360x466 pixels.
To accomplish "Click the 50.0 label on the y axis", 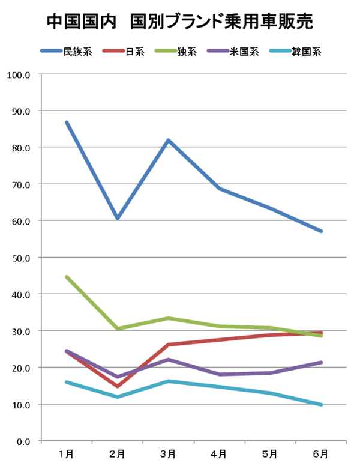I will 21,258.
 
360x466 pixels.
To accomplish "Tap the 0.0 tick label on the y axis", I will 23,441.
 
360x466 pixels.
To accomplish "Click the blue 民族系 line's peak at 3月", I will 169,140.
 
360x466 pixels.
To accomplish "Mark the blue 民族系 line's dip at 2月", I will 118,218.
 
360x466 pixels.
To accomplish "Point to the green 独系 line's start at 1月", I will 67,277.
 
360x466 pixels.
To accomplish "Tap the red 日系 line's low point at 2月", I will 118,386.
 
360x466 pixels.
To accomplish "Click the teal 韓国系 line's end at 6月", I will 321,405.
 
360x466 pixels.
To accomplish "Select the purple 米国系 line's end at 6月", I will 321,362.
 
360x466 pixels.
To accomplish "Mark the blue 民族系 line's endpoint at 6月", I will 321,231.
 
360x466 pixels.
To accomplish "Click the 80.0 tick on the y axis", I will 21,148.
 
